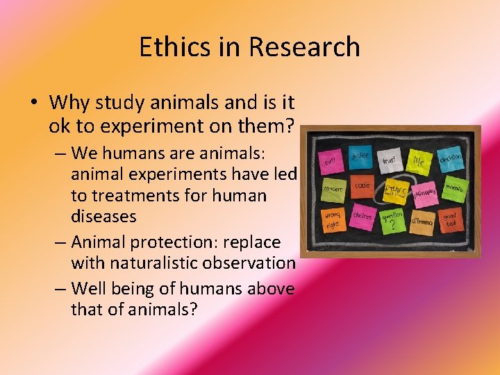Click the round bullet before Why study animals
point(33,103)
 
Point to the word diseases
point(103,216)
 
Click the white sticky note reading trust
point(390,160)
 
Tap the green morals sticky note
point(454,188)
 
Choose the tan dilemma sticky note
point(422,221)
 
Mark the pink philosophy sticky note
point(424,192)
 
